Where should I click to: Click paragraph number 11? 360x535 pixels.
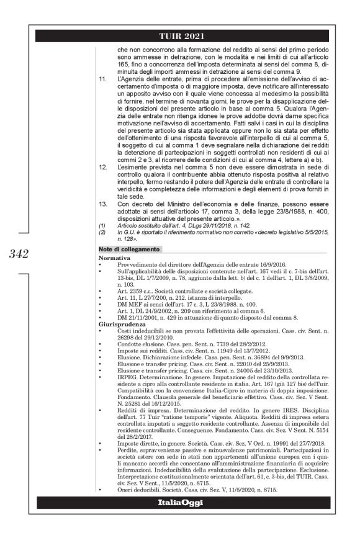point(103,81)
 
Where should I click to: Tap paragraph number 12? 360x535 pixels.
point(103,186)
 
